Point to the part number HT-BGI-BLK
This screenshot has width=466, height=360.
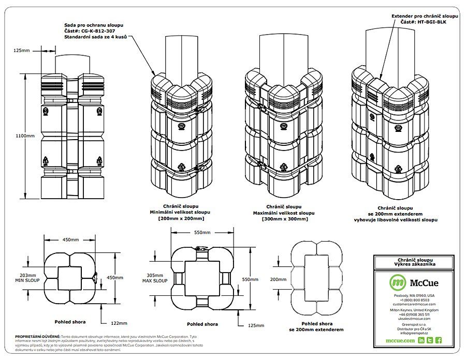pyautogui.click(x=425, y=22)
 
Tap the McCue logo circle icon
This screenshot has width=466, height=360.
pyautogui.click(x=398, y=282)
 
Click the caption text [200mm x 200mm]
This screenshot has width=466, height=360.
pyautogui.click(x=174, y=218)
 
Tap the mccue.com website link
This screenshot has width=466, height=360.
pyautogui.click(x=400, y=340)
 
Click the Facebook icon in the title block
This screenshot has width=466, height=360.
pyautogui.click(x=438, y=340)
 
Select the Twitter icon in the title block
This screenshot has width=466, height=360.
pyautogui.click(x=430, y=340)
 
